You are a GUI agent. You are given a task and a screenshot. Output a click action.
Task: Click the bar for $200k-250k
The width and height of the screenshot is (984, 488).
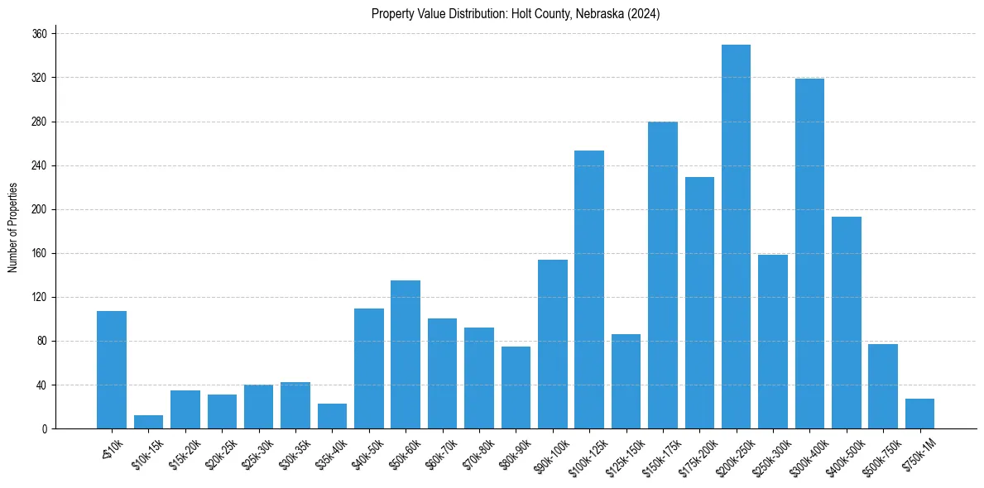736,237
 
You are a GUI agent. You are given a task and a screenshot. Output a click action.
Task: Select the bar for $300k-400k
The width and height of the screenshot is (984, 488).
809,253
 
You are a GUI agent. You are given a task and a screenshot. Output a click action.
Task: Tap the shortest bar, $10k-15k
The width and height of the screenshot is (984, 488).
148,422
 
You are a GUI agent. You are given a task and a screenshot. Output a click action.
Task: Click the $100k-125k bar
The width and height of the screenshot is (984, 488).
589,289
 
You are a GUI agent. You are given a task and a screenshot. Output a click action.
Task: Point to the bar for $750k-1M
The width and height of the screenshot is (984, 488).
919,414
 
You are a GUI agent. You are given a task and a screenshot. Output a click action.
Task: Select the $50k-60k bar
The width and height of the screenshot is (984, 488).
406,354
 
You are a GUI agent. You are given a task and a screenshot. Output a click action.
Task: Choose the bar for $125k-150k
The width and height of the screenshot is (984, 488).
626,381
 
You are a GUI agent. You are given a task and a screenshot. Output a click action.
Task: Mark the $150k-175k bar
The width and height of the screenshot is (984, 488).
663,275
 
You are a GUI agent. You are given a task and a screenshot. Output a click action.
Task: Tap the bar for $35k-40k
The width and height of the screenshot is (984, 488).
332,416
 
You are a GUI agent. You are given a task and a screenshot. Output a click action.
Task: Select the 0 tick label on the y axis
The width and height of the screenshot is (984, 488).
45,428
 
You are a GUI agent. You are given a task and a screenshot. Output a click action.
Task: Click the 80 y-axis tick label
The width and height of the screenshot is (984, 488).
42,341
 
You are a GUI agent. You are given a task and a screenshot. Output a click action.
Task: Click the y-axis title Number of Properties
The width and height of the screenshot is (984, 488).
13,227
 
